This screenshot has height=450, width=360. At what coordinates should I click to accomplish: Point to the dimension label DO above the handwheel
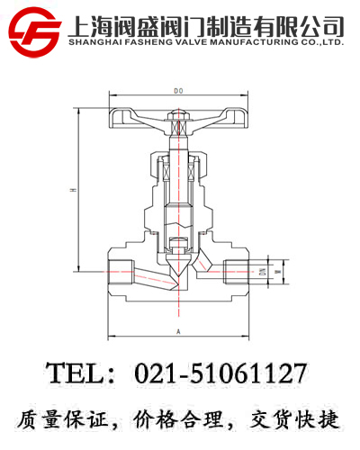178,91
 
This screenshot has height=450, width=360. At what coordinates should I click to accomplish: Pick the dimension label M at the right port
278,271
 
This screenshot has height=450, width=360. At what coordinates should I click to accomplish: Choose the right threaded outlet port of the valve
239,271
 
